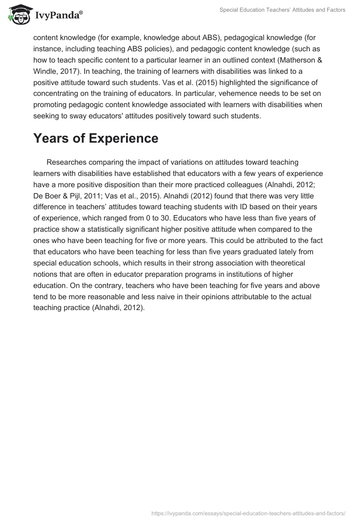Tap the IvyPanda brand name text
click(x=58, y=16)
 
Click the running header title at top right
click(x=283, y=10)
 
